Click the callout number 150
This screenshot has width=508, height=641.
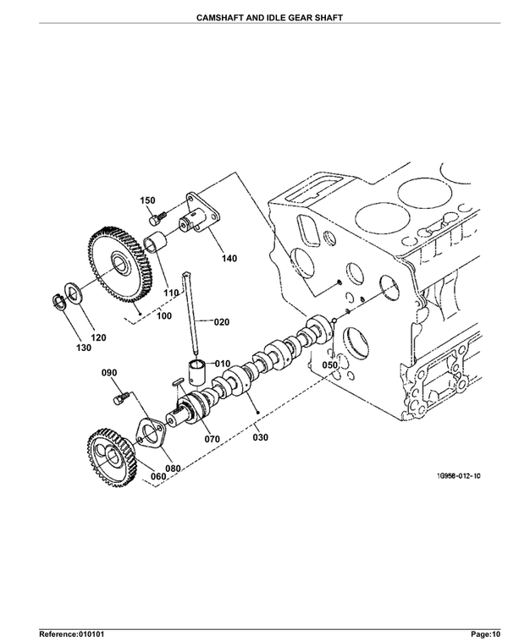click(147, 200)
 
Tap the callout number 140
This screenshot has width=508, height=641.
click(229, 259)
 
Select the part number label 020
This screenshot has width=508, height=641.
click(222, 322)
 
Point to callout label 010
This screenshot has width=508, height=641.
click(223, 364)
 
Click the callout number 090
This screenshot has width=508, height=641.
click(109, 372)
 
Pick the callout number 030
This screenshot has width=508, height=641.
click(260, 437)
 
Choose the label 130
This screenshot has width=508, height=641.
click(84, 348)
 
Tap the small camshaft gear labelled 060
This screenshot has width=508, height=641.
click(112, 457)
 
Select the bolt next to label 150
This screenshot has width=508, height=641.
click(158, 217)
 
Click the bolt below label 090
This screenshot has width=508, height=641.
click(121, 397)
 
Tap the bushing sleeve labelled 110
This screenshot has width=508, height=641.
click(154, 242)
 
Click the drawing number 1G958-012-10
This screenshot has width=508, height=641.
click(458, 476)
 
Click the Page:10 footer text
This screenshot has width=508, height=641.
click(485, 634)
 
